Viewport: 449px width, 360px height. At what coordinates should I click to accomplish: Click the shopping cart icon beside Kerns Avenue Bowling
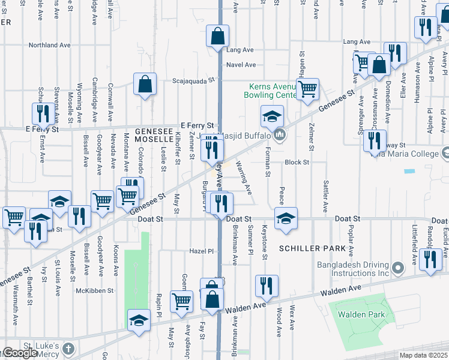coord(308,89)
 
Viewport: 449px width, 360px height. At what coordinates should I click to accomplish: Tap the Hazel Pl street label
coord(202,251)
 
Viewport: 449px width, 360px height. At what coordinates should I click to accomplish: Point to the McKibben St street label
coord(94,290)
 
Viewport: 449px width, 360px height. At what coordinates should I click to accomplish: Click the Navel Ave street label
coord(241,65)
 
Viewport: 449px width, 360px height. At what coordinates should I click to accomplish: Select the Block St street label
coord(297,162)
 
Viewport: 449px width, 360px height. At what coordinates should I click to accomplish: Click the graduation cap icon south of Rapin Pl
coord(139,320)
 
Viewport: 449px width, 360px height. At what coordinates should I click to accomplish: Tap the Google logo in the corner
coord(19,353)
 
